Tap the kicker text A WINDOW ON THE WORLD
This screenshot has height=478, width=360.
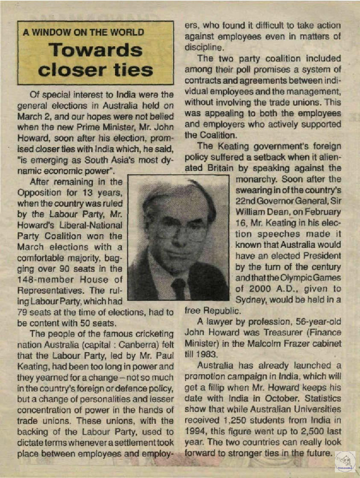[x=84, y=32]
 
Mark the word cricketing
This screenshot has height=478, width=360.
[x=148, y=333]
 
